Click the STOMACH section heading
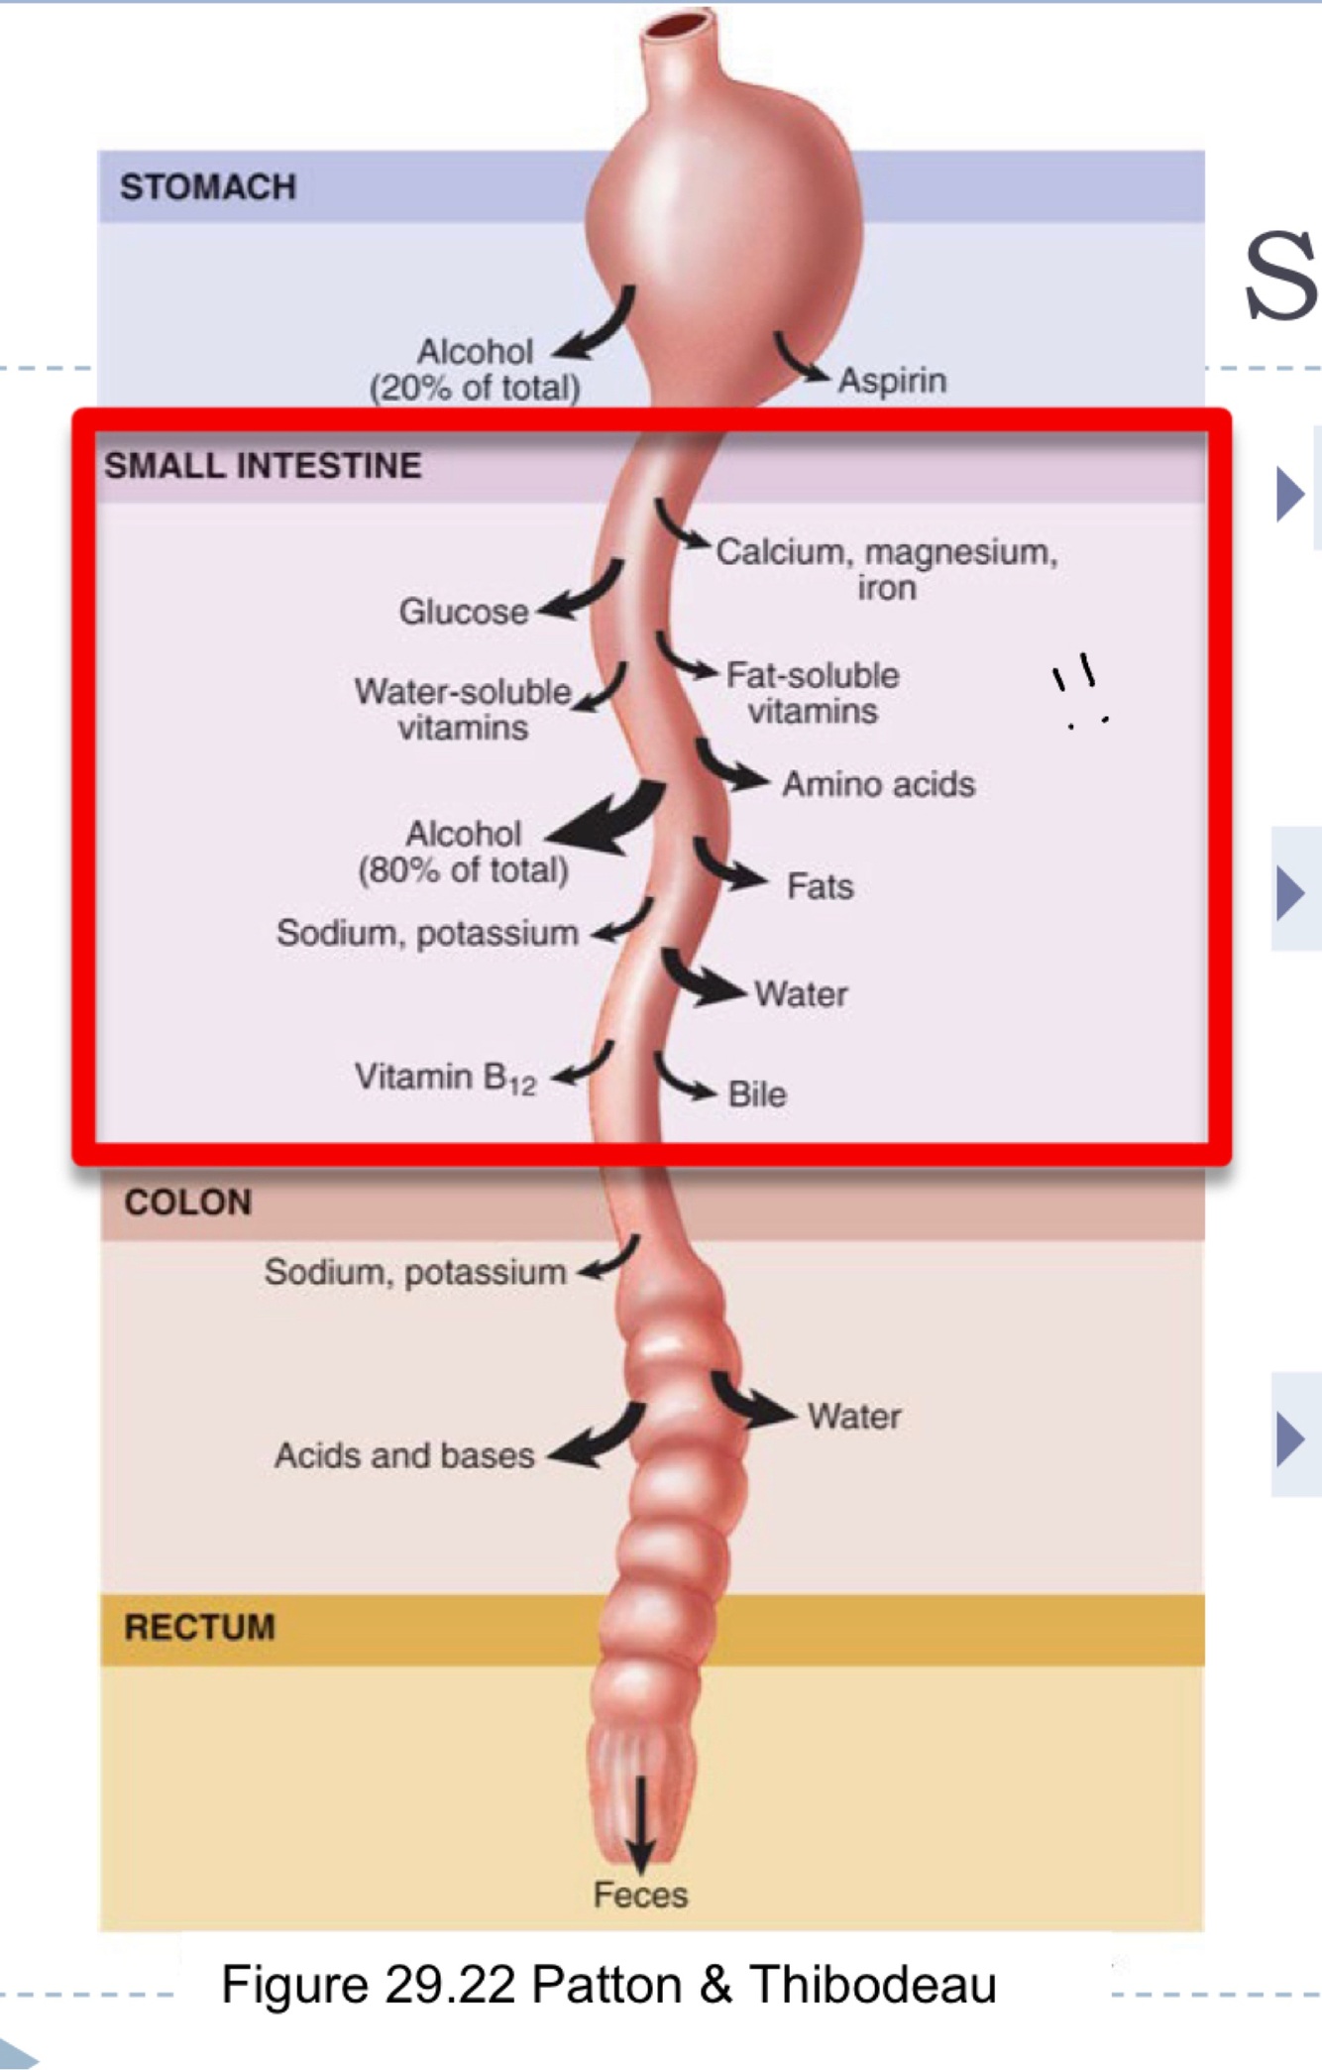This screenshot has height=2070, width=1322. tap(208, 186)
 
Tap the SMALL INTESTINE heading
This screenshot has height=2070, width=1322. tap(263, 465)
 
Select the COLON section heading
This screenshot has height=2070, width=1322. tap(188, 1203)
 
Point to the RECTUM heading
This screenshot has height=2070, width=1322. tap(199, 1627)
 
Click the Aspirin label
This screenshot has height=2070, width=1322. tap(892, 381)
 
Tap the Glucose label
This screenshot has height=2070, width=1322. tap(463, 612)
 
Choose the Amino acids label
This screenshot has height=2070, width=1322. tap(878, 784)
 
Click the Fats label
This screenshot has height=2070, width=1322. tap(820, 886)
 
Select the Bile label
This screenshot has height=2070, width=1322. tap(757, 1094)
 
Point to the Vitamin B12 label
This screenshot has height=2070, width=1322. tap(445, 1078)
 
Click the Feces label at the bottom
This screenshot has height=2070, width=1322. tap(640, 1895)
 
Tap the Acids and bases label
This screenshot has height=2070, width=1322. tap(404, 1455)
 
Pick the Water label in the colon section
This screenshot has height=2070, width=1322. tap(854, 1416)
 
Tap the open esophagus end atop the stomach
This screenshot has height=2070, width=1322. tap(678, 23)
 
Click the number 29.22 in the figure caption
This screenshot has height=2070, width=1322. tap(450, 1985)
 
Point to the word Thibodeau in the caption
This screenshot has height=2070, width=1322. tap(872, 1985)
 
